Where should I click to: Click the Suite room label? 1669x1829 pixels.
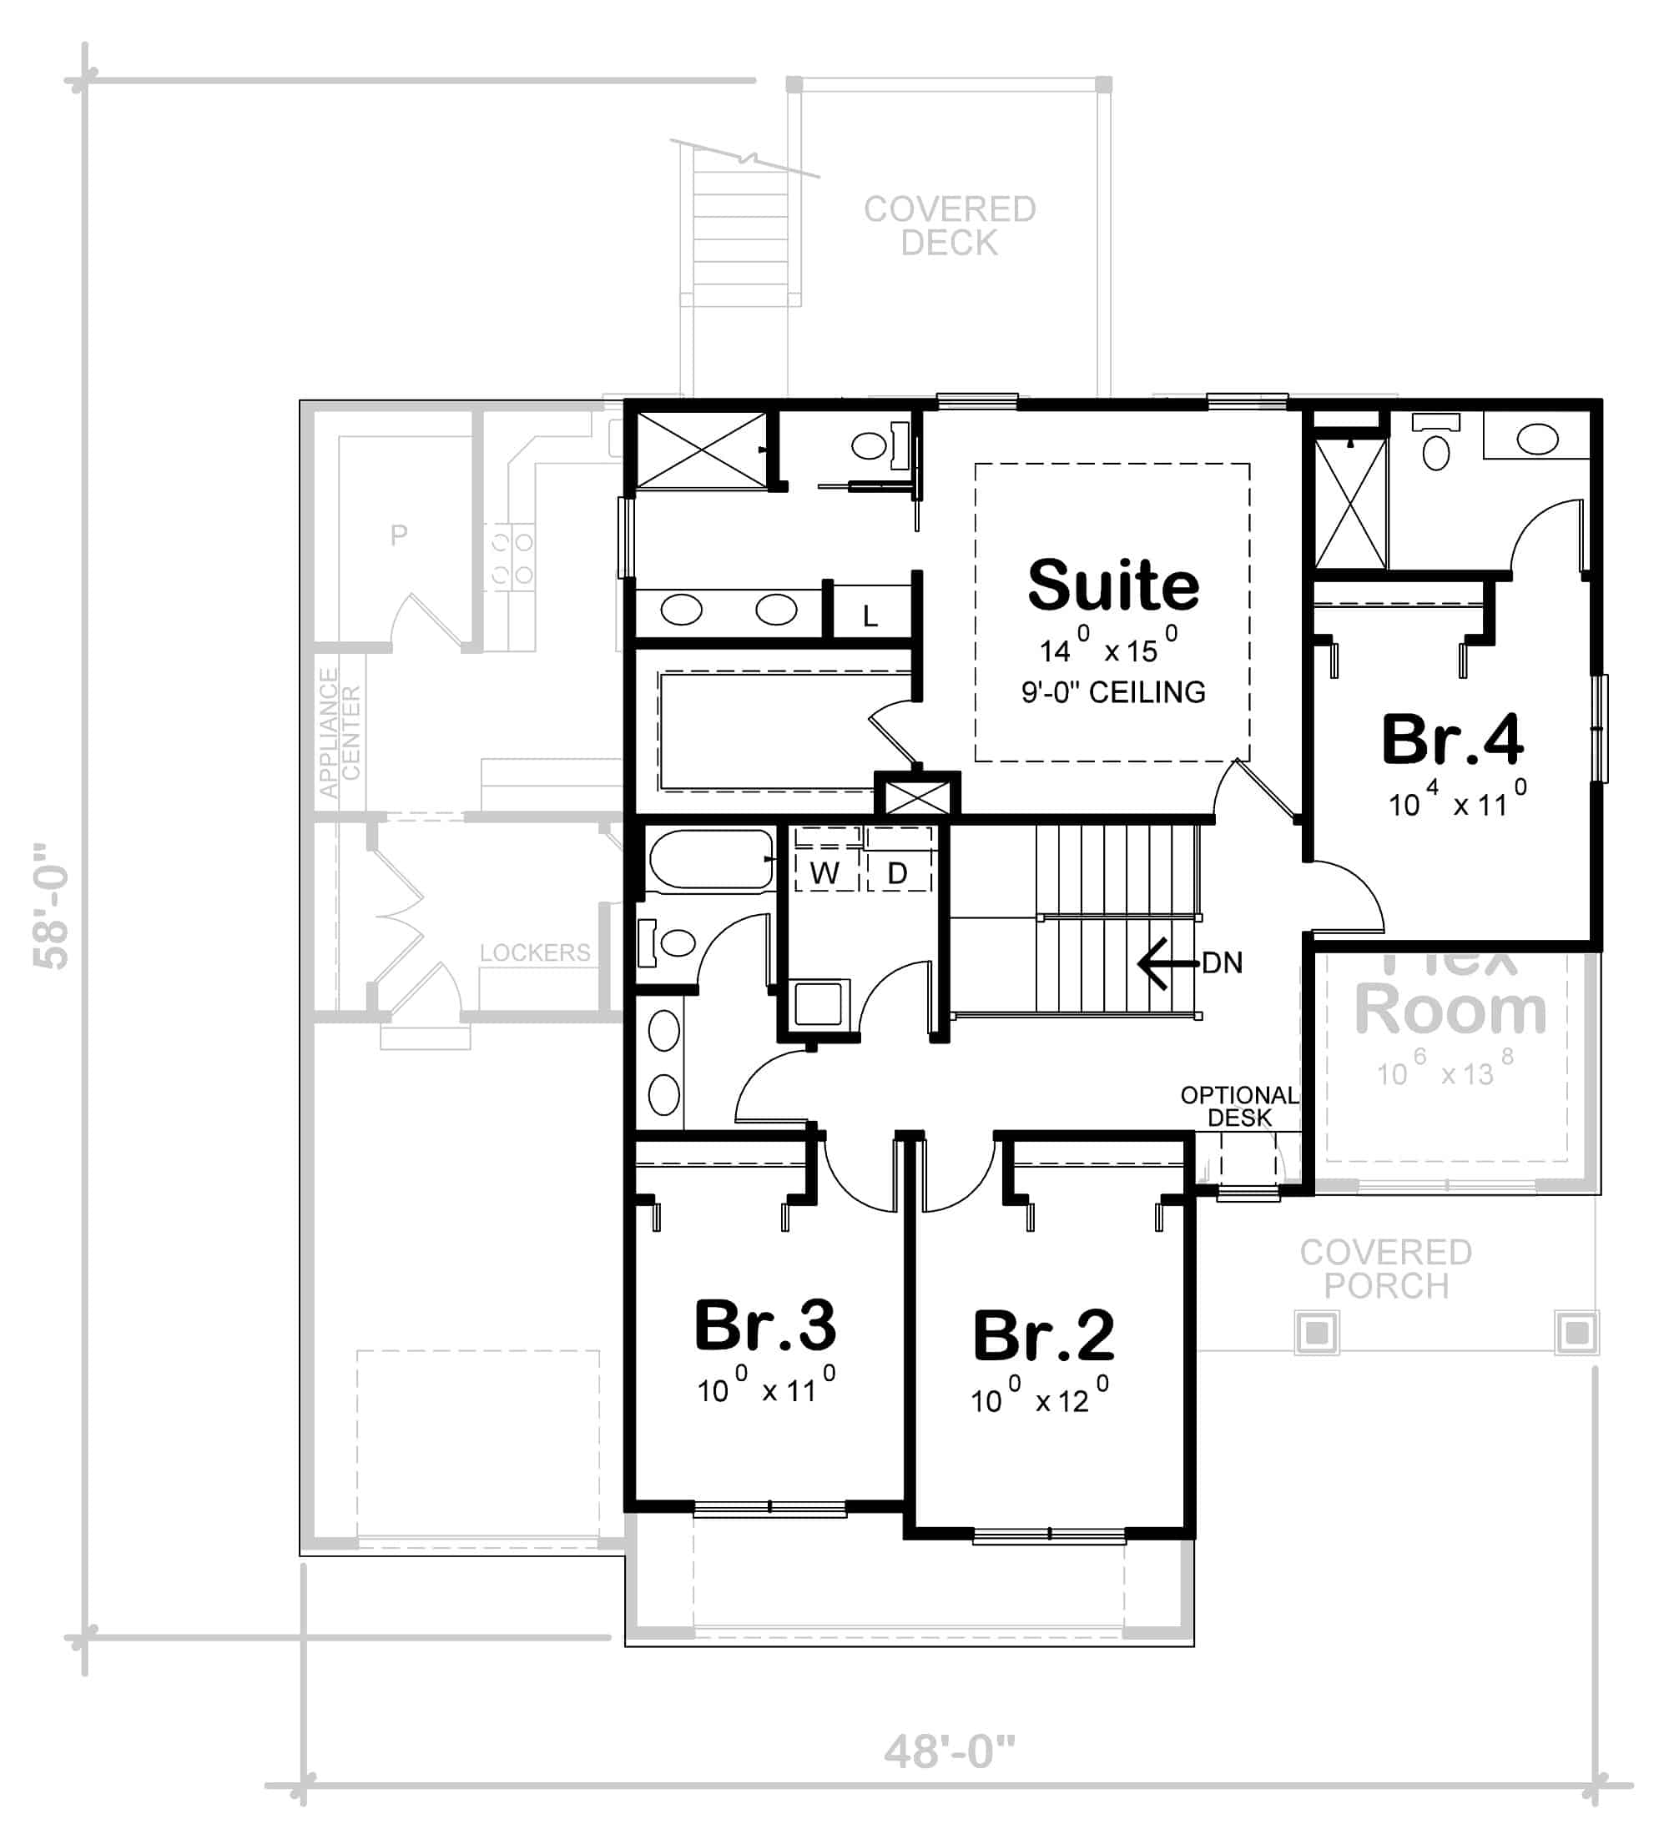tap(1112, 586)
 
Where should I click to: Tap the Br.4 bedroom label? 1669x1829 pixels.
tap(1451, 741)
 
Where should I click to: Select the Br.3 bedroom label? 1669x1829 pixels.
tap(764, 1325)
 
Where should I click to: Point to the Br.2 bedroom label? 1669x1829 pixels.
tap(1043, 1336)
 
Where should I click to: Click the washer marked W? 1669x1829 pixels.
tap(824, 872)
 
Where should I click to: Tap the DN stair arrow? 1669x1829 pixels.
tap(1166, 962)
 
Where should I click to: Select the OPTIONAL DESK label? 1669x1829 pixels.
tap(1239, 1106)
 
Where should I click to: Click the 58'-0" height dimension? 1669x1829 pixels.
tap(51, 907)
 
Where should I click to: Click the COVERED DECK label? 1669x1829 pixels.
tap(950, 226)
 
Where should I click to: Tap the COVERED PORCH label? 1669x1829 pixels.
tap(1385, 1269)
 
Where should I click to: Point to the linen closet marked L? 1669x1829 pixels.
tap(870, 617)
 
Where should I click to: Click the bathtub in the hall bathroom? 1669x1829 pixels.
tap(711, 858)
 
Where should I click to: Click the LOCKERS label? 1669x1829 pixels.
tap(535, 952)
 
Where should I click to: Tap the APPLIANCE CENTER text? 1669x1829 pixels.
tap(340, 732)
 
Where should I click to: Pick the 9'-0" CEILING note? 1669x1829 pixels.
tap(1112, 692)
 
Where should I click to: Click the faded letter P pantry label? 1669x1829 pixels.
tap(398, 535)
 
